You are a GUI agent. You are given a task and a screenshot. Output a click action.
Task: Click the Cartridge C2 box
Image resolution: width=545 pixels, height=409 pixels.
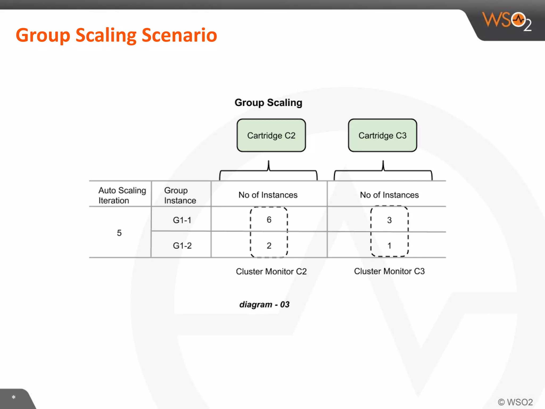point(271,135)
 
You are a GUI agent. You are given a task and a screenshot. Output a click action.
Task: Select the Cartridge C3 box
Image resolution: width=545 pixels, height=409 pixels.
point(382,135)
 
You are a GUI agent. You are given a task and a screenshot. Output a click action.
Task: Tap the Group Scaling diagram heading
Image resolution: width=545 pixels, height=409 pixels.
point(268,103)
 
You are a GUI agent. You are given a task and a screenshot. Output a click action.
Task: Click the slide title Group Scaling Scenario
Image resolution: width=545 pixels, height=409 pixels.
point(116,35)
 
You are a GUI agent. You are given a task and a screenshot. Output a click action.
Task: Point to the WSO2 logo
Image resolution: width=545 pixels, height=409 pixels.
point(507,21)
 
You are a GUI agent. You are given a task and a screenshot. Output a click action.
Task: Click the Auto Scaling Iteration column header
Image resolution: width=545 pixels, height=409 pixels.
point(122,195)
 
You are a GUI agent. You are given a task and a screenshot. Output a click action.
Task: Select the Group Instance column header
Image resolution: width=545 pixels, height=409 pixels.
point(180,195)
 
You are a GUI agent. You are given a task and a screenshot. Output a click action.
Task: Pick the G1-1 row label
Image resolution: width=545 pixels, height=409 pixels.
point(182,220)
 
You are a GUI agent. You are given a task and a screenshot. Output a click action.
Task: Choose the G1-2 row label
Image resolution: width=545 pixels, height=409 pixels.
point(182,246)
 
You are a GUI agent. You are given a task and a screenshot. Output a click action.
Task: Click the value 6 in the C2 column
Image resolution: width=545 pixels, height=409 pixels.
point(269,220)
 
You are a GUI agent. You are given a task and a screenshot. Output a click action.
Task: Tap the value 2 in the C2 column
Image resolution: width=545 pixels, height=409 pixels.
point(269,246)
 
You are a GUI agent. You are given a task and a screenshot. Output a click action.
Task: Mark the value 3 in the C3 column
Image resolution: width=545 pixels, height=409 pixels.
point(389,220)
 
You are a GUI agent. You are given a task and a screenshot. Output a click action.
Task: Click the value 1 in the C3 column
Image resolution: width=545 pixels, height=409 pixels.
point(389,246)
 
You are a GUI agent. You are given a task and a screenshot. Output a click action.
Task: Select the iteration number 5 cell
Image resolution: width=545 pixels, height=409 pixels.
point(119,233)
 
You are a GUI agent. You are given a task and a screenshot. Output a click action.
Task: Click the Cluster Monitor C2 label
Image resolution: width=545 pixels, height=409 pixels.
point(271,271)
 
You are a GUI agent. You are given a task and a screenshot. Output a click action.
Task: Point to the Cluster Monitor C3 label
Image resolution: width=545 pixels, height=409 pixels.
point(389,271)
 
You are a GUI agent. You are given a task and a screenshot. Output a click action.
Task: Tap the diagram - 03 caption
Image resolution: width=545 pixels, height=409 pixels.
point(264,304)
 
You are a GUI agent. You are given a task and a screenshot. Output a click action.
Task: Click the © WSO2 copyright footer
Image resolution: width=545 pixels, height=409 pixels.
point(515,402)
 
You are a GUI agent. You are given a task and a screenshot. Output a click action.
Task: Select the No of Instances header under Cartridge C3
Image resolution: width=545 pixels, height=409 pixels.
point(389,195)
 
